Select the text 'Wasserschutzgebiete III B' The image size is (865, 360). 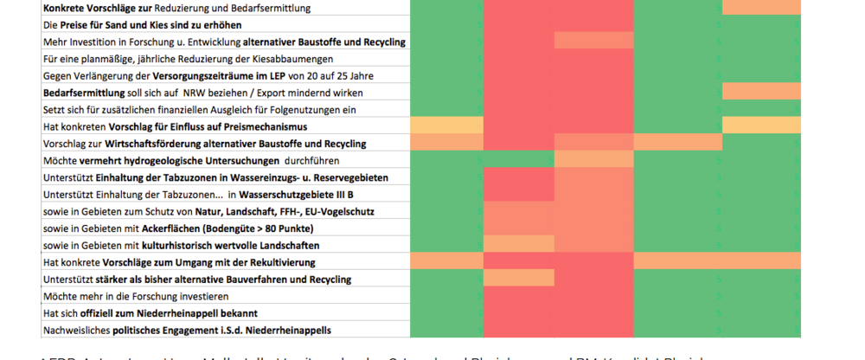tap(289, 195)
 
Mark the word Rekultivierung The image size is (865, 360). tap(279, 262)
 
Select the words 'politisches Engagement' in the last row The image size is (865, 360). tap(157, 331)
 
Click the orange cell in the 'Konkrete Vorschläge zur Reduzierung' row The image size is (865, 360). tap(761, 8)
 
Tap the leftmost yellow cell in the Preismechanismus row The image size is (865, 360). tap(446, 126)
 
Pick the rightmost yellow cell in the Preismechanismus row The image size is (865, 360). tap(761, 126)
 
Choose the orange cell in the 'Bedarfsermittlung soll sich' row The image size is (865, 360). tap(761, 93)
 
